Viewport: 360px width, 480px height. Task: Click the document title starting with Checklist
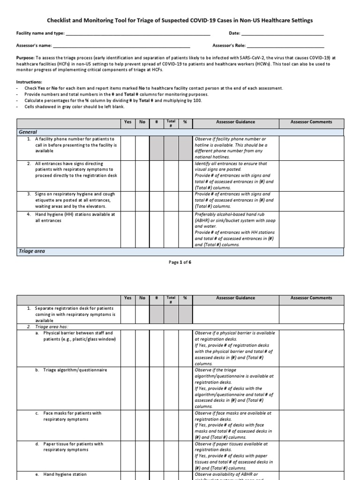pos(180,21)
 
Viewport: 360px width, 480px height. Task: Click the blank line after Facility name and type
pos(138,34)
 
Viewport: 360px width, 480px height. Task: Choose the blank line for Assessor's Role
pos(285,46)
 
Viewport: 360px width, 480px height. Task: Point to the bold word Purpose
pos(25,58)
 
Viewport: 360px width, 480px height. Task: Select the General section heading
pos(28,132)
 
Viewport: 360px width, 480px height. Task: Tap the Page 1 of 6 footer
pos(180,262)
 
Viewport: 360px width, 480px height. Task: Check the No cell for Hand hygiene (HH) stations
pos(142,229)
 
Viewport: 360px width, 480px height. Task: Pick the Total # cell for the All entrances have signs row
pos(171,175)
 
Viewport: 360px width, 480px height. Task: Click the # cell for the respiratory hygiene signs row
pos(156,200)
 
